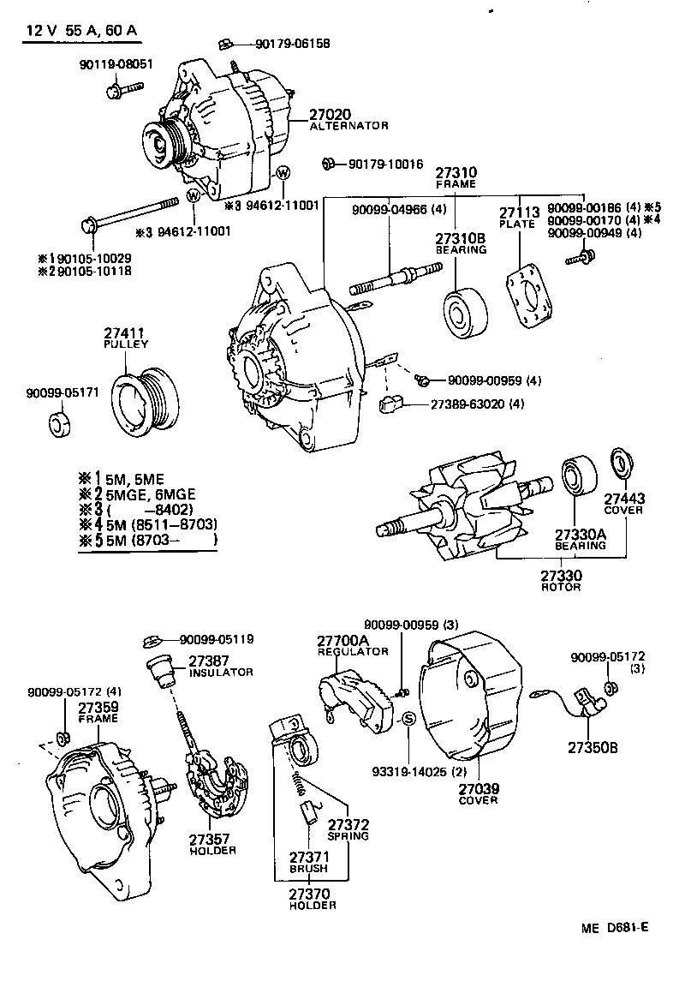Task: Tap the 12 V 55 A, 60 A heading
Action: pos(80,32)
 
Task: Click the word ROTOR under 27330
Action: pos(561,587)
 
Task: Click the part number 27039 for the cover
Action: pos(479,787)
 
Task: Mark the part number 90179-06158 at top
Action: pos(291,44)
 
